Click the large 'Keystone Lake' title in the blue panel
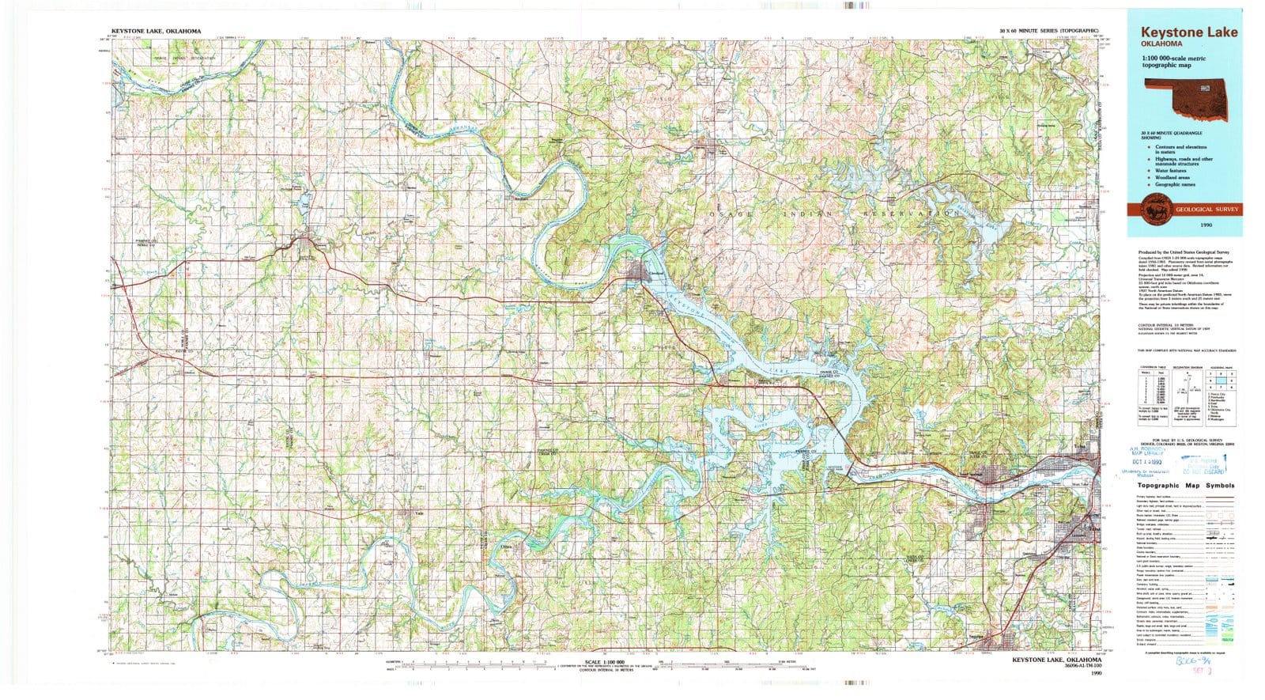pyautogui.click(x=1188, y=32)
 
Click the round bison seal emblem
pyautogui.click(x=1151, y=209)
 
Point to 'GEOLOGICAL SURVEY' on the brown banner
pyautogui.click(x=1207, y=210)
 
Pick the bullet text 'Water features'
pyautogui.click(x=1170, y=171)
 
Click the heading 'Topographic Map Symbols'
pyautogui.click(x=1185, y=486)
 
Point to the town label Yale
pyautogui.click(x=420, y=513)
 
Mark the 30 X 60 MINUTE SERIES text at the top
pyautogui.click(x=1048, y=30)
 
